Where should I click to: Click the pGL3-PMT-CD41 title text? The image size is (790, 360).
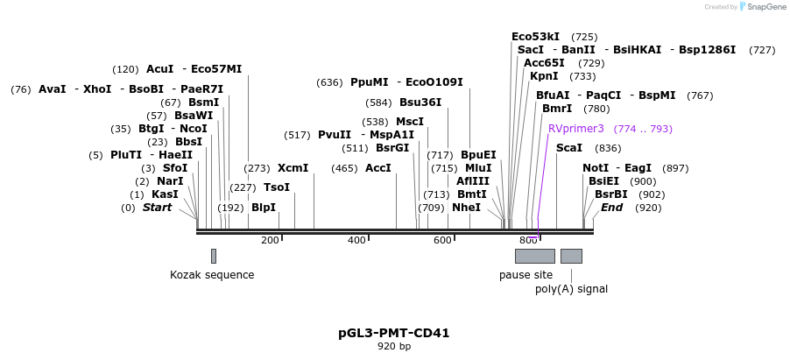[394, 333]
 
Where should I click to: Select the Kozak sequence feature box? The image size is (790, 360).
[214, 256]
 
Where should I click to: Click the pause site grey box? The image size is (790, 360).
[534, 256]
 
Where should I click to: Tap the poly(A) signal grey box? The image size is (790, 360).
[571, 256]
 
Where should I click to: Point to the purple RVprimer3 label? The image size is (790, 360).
[576, 129]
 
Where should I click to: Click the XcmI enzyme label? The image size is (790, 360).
[293, 167]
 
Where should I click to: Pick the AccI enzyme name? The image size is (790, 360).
[377, 167]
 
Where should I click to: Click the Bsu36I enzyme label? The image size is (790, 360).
[420, 102]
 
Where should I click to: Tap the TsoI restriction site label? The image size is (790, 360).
[277, 187]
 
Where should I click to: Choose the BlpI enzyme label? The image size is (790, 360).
[264, 208]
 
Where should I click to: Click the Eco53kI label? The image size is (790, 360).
[535, 37]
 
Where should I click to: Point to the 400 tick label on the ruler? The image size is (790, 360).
[356, 240]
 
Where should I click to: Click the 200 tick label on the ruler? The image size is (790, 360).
[270, 240]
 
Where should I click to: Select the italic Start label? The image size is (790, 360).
[158, 208]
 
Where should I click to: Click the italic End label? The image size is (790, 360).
[611, 208]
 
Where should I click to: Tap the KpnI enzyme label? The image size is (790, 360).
[544, 76]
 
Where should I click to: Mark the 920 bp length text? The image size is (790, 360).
[394, 347]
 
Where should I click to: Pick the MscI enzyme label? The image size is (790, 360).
[410, 122]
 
